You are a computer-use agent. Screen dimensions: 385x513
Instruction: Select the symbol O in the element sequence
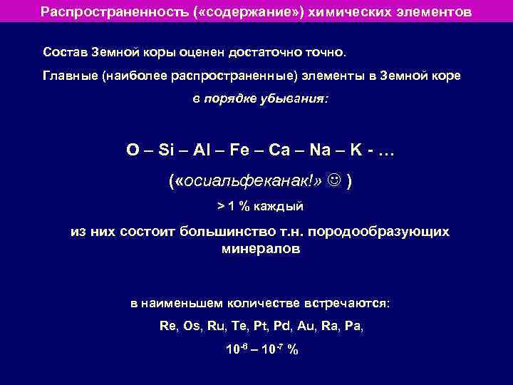tap(133, 150)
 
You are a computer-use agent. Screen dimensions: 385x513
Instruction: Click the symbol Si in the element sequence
tap(167, 150)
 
